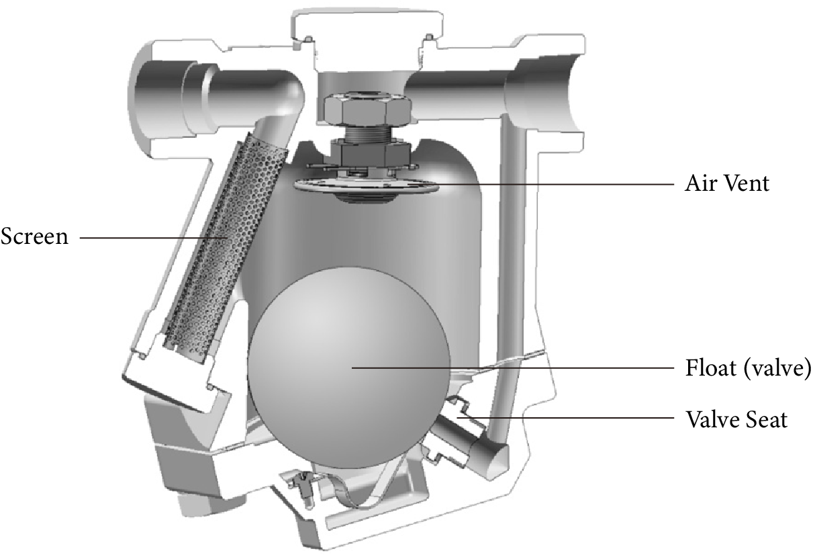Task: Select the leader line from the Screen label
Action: click(148, 237)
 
